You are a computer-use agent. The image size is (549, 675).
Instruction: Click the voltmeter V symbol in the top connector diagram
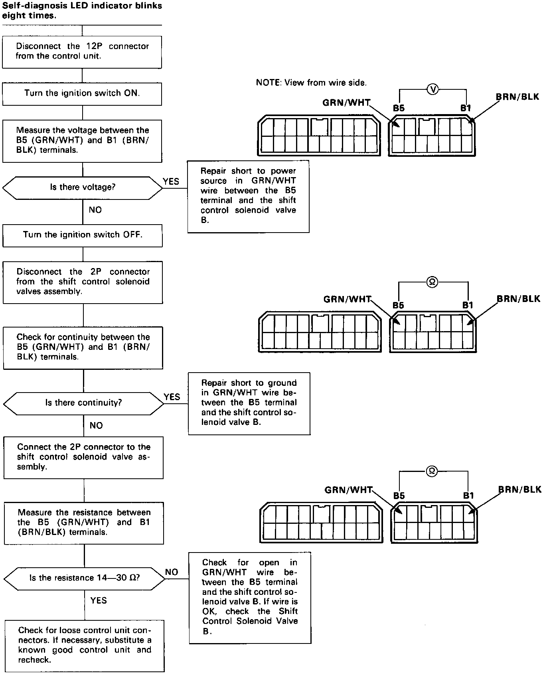click(x=432, y=89)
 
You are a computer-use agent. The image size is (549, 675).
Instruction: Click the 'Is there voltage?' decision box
click(x=83, y=187)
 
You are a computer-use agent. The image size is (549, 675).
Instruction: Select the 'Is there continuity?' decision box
click(x=83, y=403)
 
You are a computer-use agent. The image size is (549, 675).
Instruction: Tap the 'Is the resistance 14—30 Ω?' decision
click(x=84, y=578)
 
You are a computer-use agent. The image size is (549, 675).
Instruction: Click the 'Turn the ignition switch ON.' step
click(x=82, y=94)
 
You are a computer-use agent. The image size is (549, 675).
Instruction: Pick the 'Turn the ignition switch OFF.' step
click(x=83, y=235)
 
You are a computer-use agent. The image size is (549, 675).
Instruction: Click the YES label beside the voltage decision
click(x=171, y=182)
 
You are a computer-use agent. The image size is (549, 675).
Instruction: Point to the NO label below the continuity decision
click(x=96, y=426)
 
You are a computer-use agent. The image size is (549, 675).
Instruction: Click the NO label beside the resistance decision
click(x=172, y=572)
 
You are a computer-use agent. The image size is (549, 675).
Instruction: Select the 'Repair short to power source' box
click(x=248, y=196)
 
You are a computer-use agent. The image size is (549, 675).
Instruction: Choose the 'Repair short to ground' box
click(x=249, y=403)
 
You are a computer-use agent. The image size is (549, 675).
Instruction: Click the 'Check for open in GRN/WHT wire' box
click(x=250, y=597)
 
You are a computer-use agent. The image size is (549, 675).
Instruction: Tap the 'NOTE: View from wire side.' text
click(x=311, y=83)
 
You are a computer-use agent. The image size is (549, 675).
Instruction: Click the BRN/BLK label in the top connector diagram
click(x=517, y=97)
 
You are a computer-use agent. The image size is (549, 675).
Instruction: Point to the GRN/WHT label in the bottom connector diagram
click(x=348, y=490)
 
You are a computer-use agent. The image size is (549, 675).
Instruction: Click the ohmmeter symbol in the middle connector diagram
click(x=432, y=282)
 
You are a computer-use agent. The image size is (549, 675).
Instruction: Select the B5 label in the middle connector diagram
click(x=398, y=306)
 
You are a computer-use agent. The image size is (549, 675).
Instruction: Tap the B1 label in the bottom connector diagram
click(x=468, y=495)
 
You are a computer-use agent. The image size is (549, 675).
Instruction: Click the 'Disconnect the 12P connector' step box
click(x=82, y=51)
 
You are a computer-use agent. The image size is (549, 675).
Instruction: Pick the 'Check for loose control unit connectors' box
click(x=85, y=645)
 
